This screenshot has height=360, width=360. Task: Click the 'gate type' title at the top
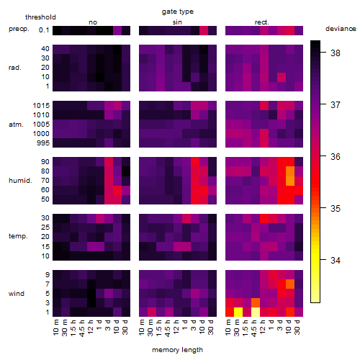point(178,12)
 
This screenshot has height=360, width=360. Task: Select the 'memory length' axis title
point(177,350)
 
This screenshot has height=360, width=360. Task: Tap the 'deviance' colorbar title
point(341,29)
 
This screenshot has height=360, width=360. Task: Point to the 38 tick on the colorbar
point(336,53)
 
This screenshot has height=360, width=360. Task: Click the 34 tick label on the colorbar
point(336,260)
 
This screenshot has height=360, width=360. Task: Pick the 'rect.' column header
point(261,22)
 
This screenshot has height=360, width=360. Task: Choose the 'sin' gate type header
point(177,22)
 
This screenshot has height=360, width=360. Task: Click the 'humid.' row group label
point(20,181)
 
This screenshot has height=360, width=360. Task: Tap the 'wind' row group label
point(17,294)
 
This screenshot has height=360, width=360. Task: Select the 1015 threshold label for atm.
point(41,106)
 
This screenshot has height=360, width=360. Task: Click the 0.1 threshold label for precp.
point(44,30)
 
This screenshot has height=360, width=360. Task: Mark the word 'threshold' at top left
point(40,17)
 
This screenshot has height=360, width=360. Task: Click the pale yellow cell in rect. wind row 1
point(256,312)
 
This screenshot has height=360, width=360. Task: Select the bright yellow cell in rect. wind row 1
point(238,312)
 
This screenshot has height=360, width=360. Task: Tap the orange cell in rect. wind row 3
point(256,303)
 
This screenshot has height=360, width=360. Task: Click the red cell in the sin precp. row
point(204,30)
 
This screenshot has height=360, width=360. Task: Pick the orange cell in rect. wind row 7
point(290,284)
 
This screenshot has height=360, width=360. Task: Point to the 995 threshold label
point(43,143)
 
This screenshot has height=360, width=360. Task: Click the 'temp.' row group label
point(18,236)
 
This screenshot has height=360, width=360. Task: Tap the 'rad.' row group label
point(15,68)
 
